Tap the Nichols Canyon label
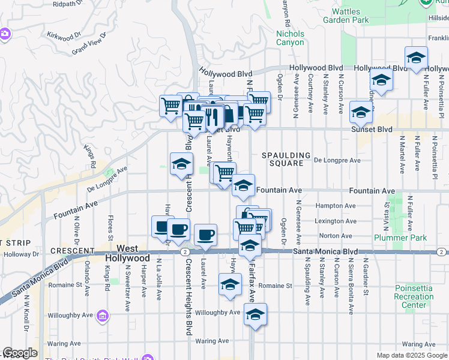(290, 38)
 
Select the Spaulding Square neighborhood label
(286, 160)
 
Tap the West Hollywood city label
(127, 253)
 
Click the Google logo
(20, 353)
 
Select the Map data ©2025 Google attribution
(411, 355)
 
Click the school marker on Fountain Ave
(243, 186)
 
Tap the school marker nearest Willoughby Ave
(255, 314)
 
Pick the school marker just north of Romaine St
(230, 285)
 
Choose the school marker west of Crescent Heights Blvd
(181, 164)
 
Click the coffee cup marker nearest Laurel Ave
(205, 235)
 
